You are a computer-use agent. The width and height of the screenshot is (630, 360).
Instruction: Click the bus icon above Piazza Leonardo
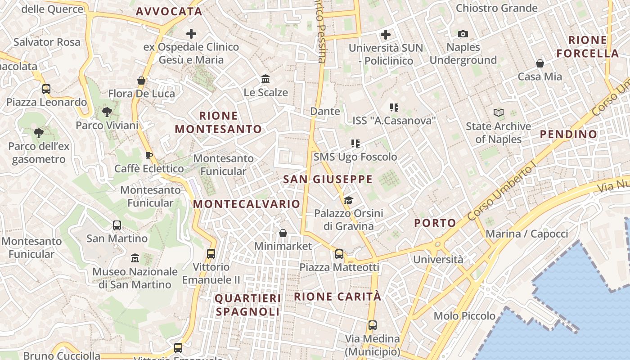point(46,89)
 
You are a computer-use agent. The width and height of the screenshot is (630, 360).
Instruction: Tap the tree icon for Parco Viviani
point(107,112)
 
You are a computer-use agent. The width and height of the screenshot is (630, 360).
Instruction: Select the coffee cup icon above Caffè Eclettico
point(149,156)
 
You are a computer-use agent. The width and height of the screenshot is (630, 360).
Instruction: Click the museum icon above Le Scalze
point(265,79)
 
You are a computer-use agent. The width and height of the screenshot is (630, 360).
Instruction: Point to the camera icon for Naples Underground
point(463,34)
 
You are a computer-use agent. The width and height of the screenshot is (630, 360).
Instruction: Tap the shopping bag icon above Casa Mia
point(540,63)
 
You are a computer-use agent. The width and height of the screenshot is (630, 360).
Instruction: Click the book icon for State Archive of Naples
point(498,112)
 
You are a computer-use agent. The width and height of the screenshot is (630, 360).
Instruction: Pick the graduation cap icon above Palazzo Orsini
point(348,200)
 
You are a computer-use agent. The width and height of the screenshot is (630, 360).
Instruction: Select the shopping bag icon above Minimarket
point(283,233)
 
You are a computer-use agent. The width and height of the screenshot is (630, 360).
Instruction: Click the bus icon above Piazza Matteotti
point(339,254)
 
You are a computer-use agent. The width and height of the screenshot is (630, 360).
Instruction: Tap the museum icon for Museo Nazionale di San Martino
point(135,258)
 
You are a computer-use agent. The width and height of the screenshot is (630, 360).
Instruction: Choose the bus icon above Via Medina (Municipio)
point(372,325)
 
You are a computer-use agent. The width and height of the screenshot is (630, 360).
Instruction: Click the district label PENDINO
point(568,134)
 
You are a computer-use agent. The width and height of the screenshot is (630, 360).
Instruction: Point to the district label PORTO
point(435,223)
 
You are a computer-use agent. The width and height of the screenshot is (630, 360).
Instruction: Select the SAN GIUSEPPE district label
point(328,180)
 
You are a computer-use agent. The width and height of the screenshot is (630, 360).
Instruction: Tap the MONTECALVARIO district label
point(247,204)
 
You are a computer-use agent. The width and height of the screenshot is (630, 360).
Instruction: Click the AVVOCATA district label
point(169,12)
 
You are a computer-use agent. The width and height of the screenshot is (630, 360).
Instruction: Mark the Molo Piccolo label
point(465,316)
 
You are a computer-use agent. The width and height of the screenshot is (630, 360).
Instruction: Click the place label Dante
point(325,111)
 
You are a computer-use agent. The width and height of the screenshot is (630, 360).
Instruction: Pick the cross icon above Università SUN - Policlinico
point(386,35)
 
